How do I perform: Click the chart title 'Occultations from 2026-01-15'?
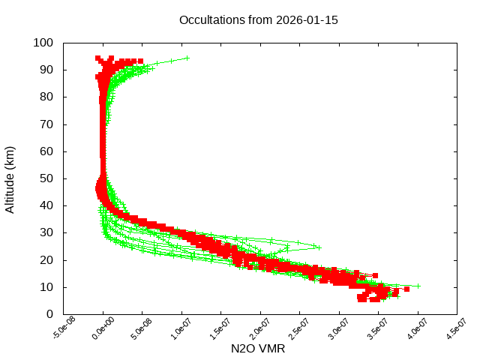[258, 20]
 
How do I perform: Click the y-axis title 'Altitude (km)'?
[10, 178]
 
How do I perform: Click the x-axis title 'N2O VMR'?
[258, 349]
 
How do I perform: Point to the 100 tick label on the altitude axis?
[43, 43]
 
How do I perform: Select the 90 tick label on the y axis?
[46, 70]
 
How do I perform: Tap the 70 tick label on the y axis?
[46, 124]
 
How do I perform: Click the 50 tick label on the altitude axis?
[46, 178]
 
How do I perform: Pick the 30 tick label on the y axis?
[46, 232]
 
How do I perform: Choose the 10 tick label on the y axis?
[46, 287]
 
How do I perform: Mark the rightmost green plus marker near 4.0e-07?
[418, 286]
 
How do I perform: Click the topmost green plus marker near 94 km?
[187, 58]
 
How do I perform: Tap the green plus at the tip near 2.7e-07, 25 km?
[319, 247]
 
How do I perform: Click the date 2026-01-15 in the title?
[308, 20]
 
